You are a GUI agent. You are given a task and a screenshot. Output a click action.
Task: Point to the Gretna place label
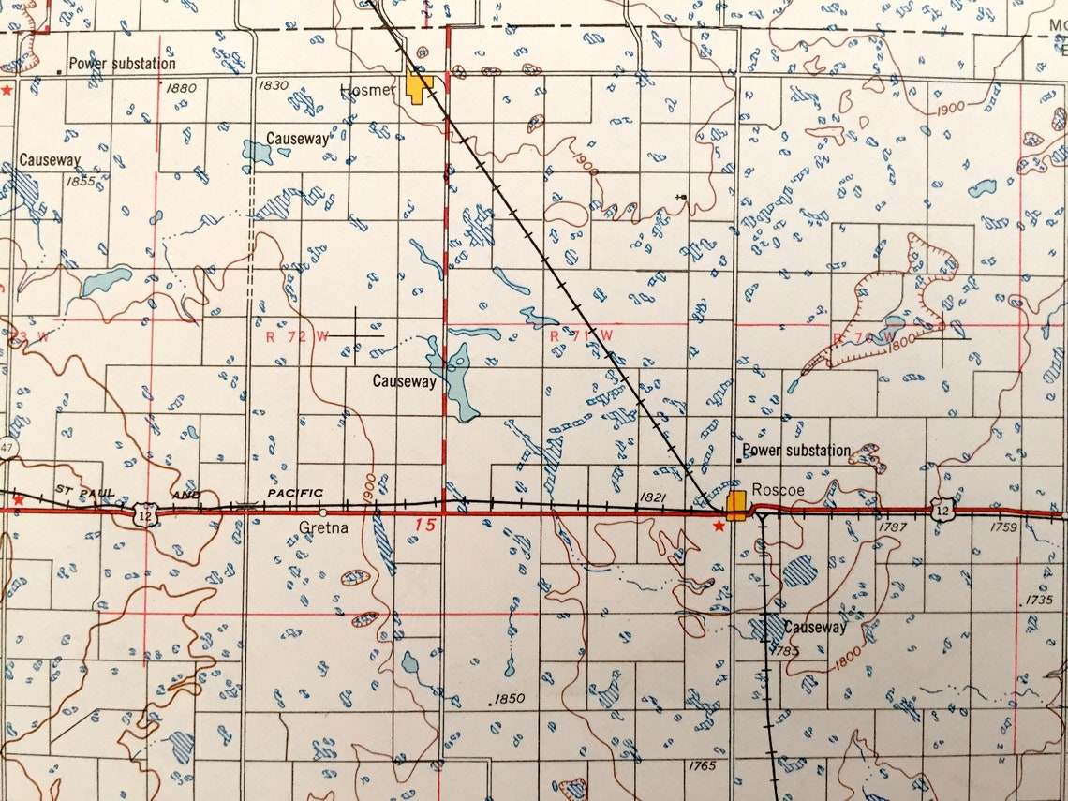click(322, 527)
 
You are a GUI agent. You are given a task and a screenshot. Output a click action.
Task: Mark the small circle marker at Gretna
click(323, 513)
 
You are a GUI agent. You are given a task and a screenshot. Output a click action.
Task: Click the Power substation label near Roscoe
click(796, 451)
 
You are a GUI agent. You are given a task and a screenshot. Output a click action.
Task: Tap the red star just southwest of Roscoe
click(719, 527)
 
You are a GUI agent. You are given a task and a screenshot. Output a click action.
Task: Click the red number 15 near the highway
click(425, 525)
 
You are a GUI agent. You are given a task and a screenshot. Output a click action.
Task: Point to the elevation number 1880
click(181, 88)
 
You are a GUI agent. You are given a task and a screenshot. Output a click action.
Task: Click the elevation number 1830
click(273, 85)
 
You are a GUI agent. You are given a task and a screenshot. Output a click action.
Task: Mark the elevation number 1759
click(1002, 527)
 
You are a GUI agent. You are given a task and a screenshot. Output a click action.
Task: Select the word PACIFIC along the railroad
click(295, 492)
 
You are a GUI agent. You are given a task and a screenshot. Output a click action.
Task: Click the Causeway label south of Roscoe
click(815, 627)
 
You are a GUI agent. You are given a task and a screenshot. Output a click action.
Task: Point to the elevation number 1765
click(701, 765)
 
